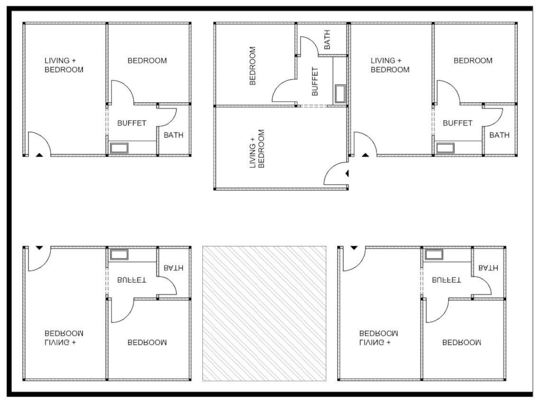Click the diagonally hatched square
(264, 313)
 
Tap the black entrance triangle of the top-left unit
(39, 155)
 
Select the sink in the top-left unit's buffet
(119, 148)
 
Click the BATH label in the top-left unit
(173, 135)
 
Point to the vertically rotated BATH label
(327, 39)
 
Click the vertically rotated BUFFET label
(315, 82)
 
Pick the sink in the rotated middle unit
(340, 94)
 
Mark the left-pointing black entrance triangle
(347, 174)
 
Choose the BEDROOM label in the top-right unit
(473, 61)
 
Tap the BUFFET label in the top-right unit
(457, 123)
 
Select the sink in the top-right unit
(445, 148)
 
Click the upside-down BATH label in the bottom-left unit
(173, 267)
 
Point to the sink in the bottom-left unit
(119, 255)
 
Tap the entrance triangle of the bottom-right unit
(354, 248)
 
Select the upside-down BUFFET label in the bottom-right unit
(446, 280)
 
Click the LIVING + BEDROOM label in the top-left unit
(64, 65)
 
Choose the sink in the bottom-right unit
(434, 255)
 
